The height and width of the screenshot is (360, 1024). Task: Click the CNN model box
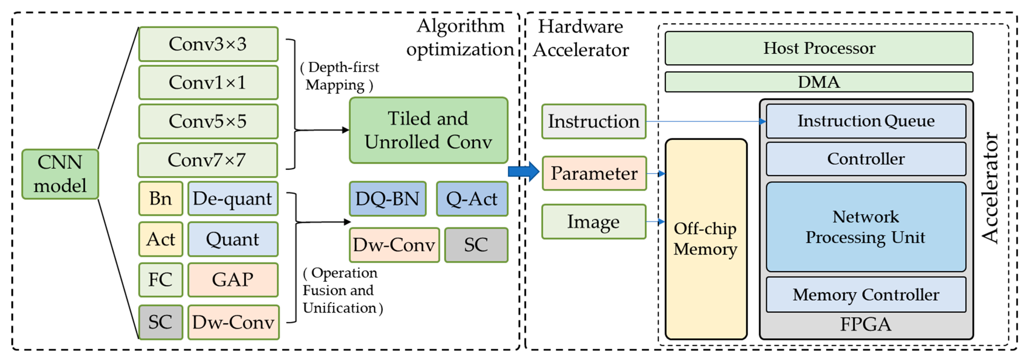point(60,174)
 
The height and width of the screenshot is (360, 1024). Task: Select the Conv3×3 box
point(208,44)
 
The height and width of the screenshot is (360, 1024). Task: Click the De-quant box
point(233,199)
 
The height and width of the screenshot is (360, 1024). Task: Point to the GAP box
point(233,280)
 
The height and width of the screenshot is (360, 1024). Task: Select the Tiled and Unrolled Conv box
point(428,130)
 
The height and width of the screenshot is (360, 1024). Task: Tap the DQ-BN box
point(388,199)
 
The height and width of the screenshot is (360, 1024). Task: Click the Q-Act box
point(472,199)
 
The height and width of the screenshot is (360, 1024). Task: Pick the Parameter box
point(594,174)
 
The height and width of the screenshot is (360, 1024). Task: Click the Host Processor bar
point(819,48)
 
